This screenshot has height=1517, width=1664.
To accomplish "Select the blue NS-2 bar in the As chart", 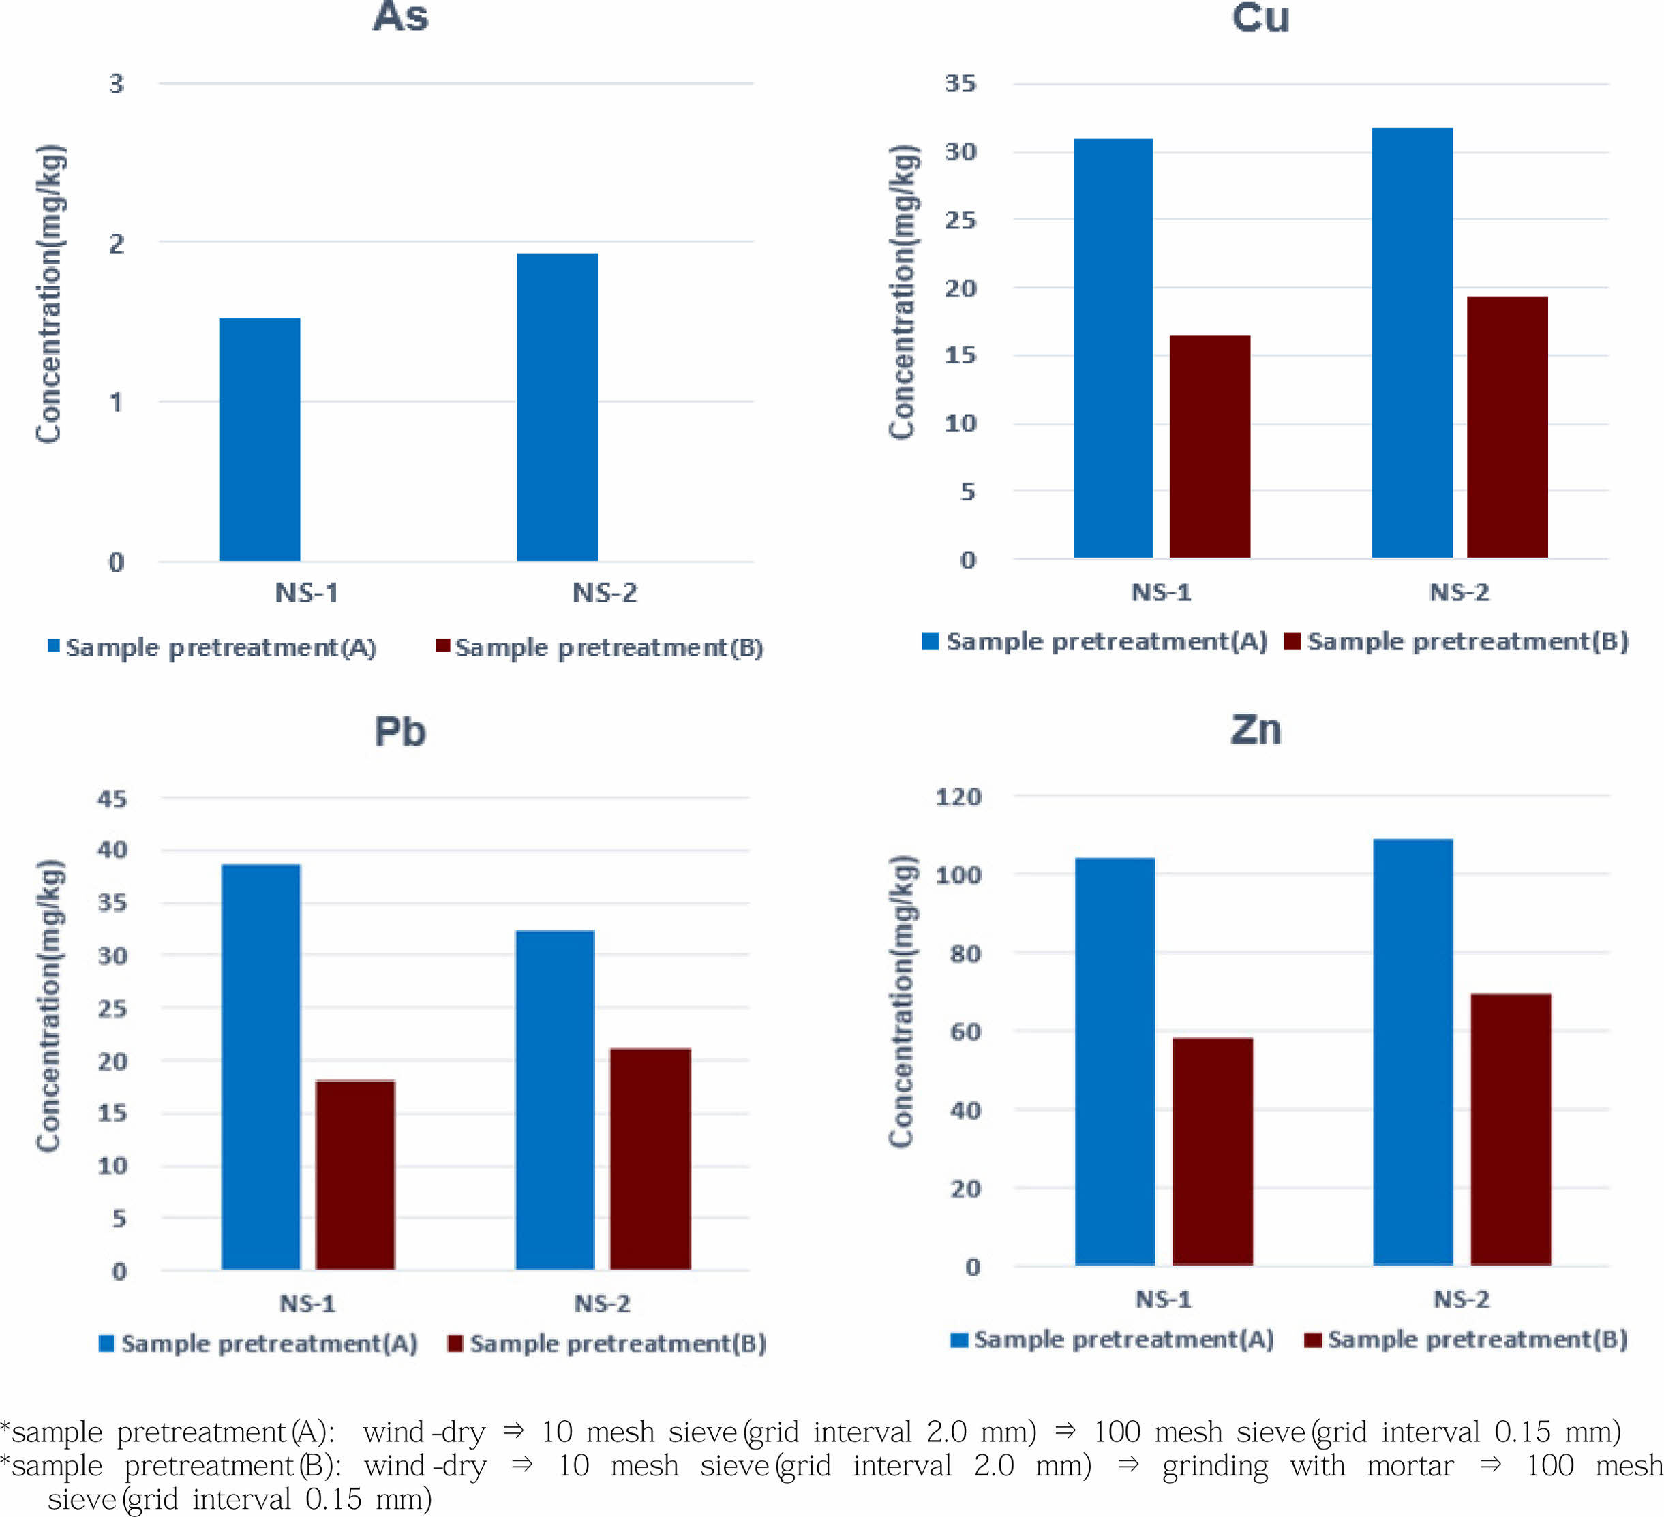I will tap(557, 407).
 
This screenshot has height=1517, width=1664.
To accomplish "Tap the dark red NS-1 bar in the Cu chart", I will tap(1209, 446).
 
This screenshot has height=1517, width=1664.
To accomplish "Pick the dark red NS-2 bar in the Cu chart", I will tap(1507, 427).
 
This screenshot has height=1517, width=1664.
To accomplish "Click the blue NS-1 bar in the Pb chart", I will tap(261, 1067).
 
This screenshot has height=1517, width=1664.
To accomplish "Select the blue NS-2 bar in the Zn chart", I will tap(1413, 1052).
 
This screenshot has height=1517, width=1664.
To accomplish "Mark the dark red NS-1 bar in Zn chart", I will tap(1213, 1151).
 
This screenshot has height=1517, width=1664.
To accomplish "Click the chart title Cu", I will tap(1260, 18).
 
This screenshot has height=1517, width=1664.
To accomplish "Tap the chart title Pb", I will tap(400, 732).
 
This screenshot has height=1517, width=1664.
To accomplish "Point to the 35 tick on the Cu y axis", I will tap(960, 83).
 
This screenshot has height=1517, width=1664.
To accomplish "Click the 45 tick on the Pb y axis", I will tap(112, 798).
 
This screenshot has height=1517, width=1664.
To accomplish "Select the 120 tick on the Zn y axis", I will tap(958, 797).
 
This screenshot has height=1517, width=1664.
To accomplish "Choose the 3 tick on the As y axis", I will tap(117, 83).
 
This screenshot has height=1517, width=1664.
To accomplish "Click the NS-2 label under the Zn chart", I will tap(1461, 1299).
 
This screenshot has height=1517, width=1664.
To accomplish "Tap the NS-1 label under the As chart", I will tap(307, 593).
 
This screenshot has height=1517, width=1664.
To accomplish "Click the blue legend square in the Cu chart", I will tap(931, 641).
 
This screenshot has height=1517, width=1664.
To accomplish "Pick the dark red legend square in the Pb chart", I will tap(455, 1344).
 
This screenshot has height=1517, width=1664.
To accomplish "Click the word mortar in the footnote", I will tap(1410, 1466).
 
